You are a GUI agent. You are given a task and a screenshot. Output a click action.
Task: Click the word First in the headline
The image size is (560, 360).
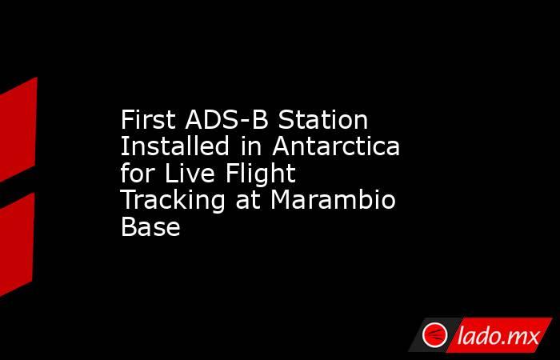coord(150,122)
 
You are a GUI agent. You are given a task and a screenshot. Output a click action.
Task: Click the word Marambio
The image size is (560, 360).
coord(334,201)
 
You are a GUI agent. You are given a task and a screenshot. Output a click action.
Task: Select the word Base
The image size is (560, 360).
coord(150,227)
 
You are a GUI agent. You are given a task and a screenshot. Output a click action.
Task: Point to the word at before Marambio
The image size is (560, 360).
coord(248,201)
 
